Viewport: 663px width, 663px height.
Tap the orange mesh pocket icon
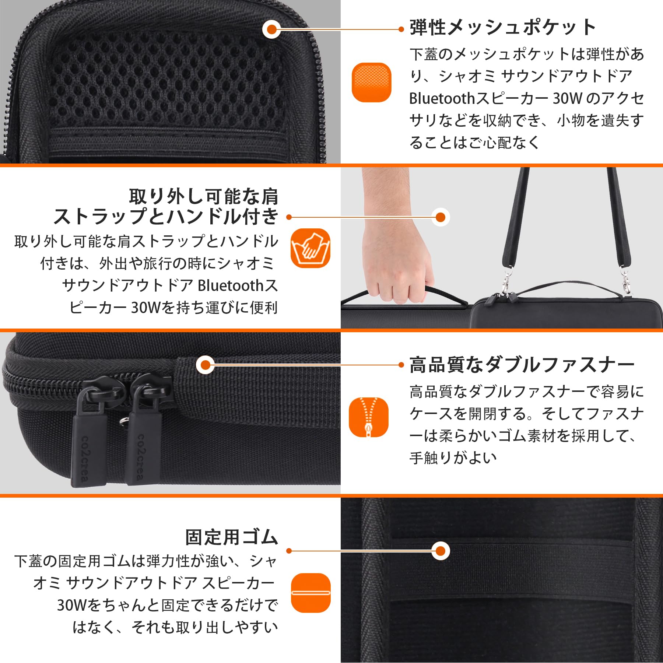pyautogui.click(x=371, y=82)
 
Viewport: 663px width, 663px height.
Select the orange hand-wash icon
pyautogui.click(x=311, y=248)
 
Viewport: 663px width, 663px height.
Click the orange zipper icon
pyautogui.click(x=369, y=417)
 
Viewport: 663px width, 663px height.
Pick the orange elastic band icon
pyautogui.click(x=311, y=593)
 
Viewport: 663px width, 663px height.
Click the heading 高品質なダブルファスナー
pyautogui.click(x=522, y=365)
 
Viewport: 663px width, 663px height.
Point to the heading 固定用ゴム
pyautogui.click(x=231, y=537)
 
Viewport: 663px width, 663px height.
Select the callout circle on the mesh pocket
pyautogui.click(x=272, y=29)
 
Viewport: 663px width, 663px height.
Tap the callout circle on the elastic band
pyautogui.click(x=441, y=551)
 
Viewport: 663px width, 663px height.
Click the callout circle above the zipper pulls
pyautogui.click(x=206, y=365)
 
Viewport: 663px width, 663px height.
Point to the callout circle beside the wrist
pyautogui.click(x=441, y=217)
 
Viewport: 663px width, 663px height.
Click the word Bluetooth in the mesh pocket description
pyautogui.click(x=442, y=98)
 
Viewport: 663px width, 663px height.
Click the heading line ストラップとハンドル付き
pyautogui.click(x=166, y=216)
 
